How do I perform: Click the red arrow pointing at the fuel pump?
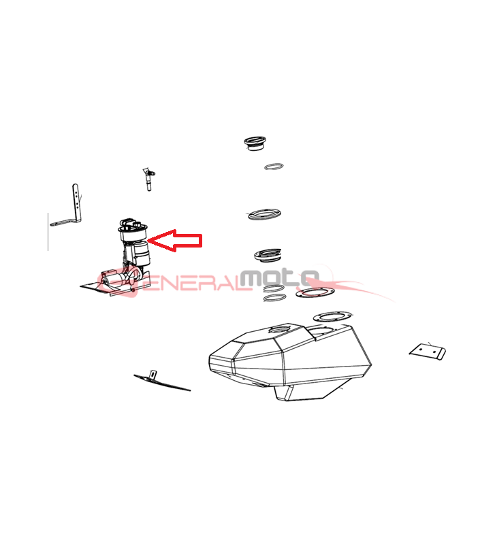[x=176, y=240]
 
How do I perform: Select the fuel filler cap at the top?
[x=255, y=143]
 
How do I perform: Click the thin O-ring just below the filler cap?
[x=274, y=167]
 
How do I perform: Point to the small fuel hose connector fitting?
[x=148, y=179]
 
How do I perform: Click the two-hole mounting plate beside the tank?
[x=428, y=352]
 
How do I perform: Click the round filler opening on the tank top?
[x=280, y=328]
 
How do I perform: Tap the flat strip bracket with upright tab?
[x=161, y=381]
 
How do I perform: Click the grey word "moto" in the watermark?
[x=279, y=277]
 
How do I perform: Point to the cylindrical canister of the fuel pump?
[x=142, y=254]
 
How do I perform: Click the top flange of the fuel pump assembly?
[x=133, y=229]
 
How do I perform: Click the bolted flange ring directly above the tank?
[x=331, y=316]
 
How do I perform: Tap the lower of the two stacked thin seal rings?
[x=275, y=298]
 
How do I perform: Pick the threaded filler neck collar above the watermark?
[x=268, y=255]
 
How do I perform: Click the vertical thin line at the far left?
[x=48, y=232]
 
